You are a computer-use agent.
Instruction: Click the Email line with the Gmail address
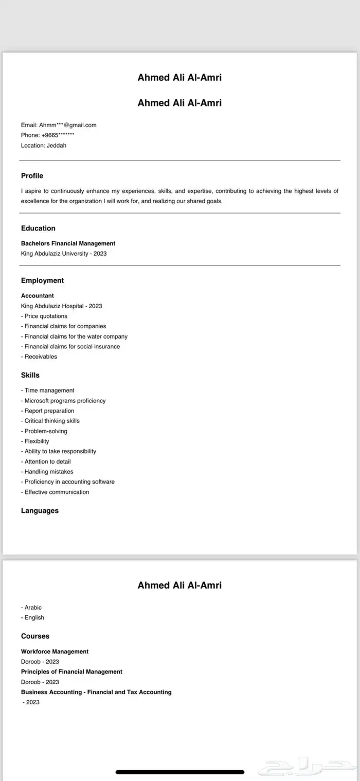coord(59,125)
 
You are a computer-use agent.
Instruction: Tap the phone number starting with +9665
coord(48,135)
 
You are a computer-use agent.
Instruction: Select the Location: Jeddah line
coord(44,146)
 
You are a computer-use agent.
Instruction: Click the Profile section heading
coord(32,176)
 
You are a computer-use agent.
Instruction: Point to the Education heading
coord(38,228)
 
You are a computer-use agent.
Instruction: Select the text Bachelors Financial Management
coord(68,243)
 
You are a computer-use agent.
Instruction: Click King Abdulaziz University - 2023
coord(64,254)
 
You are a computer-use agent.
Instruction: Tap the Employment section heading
coord(42,280)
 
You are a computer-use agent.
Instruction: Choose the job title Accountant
coord(37,296)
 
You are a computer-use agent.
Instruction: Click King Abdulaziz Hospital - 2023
coord(61,306)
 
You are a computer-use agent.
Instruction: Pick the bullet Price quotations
coord(44,316)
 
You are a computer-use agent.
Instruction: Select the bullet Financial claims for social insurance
coord(70,347)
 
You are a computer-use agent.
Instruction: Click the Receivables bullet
coord(39,357)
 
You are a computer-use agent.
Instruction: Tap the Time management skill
coord(48,390)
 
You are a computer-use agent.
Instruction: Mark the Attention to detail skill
coord(46,461)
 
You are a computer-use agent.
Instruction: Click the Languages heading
coord(40,511)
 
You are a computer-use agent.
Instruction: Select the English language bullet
coord(33,617)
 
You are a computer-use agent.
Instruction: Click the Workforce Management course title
coord(55,651)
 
